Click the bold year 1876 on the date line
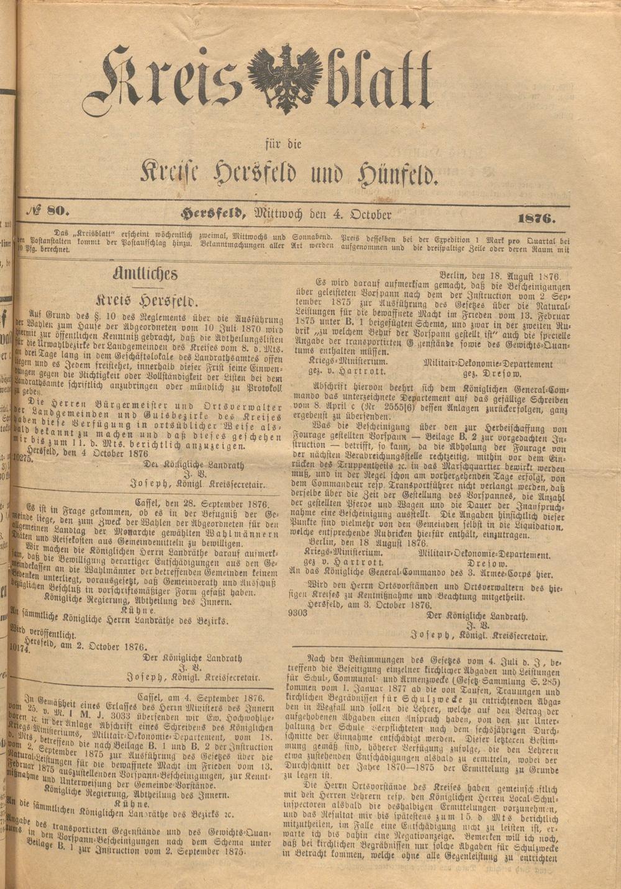pyautogui.click(x=535, y=218)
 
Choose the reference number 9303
pyautogui.click(x=297, y=612)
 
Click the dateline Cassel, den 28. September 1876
pyautogui.click(x=202, y=503)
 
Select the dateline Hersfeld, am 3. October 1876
pyautogui.click(x=369, y=605)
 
